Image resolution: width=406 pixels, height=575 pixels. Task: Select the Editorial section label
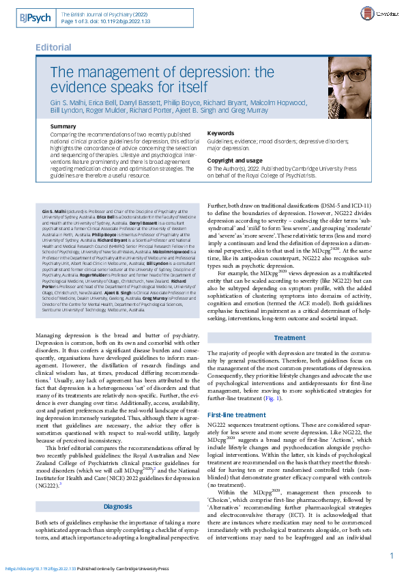(53, 47)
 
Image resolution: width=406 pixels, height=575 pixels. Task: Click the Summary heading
(63, 127)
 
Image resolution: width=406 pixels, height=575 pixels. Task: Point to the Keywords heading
(220, 133)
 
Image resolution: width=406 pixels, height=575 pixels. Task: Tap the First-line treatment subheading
(235, 415)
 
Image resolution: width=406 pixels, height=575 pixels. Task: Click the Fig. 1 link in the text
(271, 398)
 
